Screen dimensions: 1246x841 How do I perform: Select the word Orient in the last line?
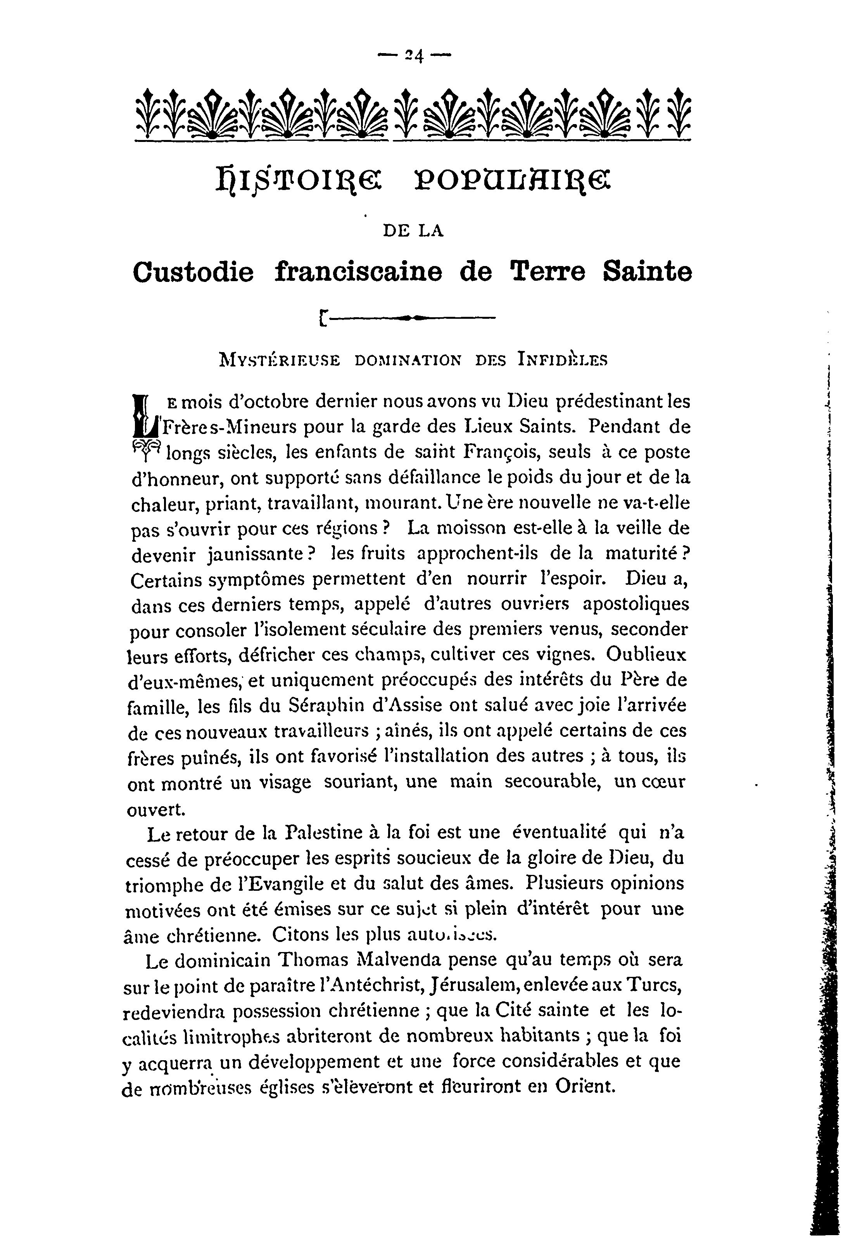pos(584,1086)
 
